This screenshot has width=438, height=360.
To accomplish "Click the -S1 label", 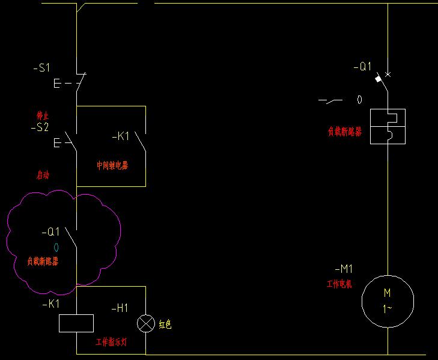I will [42, 68].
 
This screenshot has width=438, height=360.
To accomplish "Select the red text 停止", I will [43, 115].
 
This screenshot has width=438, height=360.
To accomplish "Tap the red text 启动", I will [43, 175].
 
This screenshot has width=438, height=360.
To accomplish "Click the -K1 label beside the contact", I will [121, 137].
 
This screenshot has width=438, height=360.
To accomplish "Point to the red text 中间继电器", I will [112, 165].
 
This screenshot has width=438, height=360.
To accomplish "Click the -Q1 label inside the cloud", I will [50, 232].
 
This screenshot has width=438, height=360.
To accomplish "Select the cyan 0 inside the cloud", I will [56, 247].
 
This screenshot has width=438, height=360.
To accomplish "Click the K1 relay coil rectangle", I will [76, 323].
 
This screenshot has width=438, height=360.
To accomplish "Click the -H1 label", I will [120, 308].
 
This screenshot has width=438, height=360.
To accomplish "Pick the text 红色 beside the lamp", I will [165, 325].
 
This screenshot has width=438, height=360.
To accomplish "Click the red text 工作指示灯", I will [120, 342].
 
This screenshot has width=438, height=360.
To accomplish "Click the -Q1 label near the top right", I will [362, 67].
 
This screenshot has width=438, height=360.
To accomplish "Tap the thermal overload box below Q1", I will [388, 126].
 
